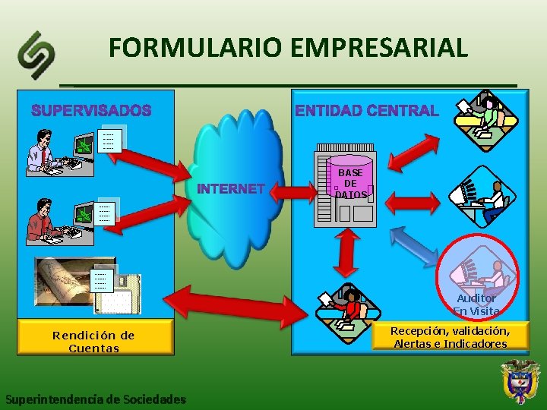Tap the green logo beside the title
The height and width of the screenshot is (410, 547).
tap(37, 55)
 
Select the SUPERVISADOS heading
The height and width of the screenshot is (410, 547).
tap(91, 111)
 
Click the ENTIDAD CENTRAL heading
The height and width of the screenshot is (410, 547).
tap(367, 111)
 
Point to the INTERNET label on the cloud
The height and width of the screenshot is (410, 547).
tap(231, 188)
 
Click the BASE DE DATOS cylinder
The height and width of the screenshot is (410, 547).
tap(350, 181)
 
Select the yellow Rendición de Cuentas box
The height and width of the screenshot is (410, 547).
tap(95, 341)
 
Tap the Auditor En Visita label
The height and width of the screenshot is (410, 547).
tap(476, 304)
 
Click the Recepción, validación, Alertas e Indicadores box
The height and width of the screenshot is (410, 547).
tap(450, 337)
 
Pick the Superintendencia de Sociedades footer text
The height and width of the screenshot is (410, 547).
tap(95, 399)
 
